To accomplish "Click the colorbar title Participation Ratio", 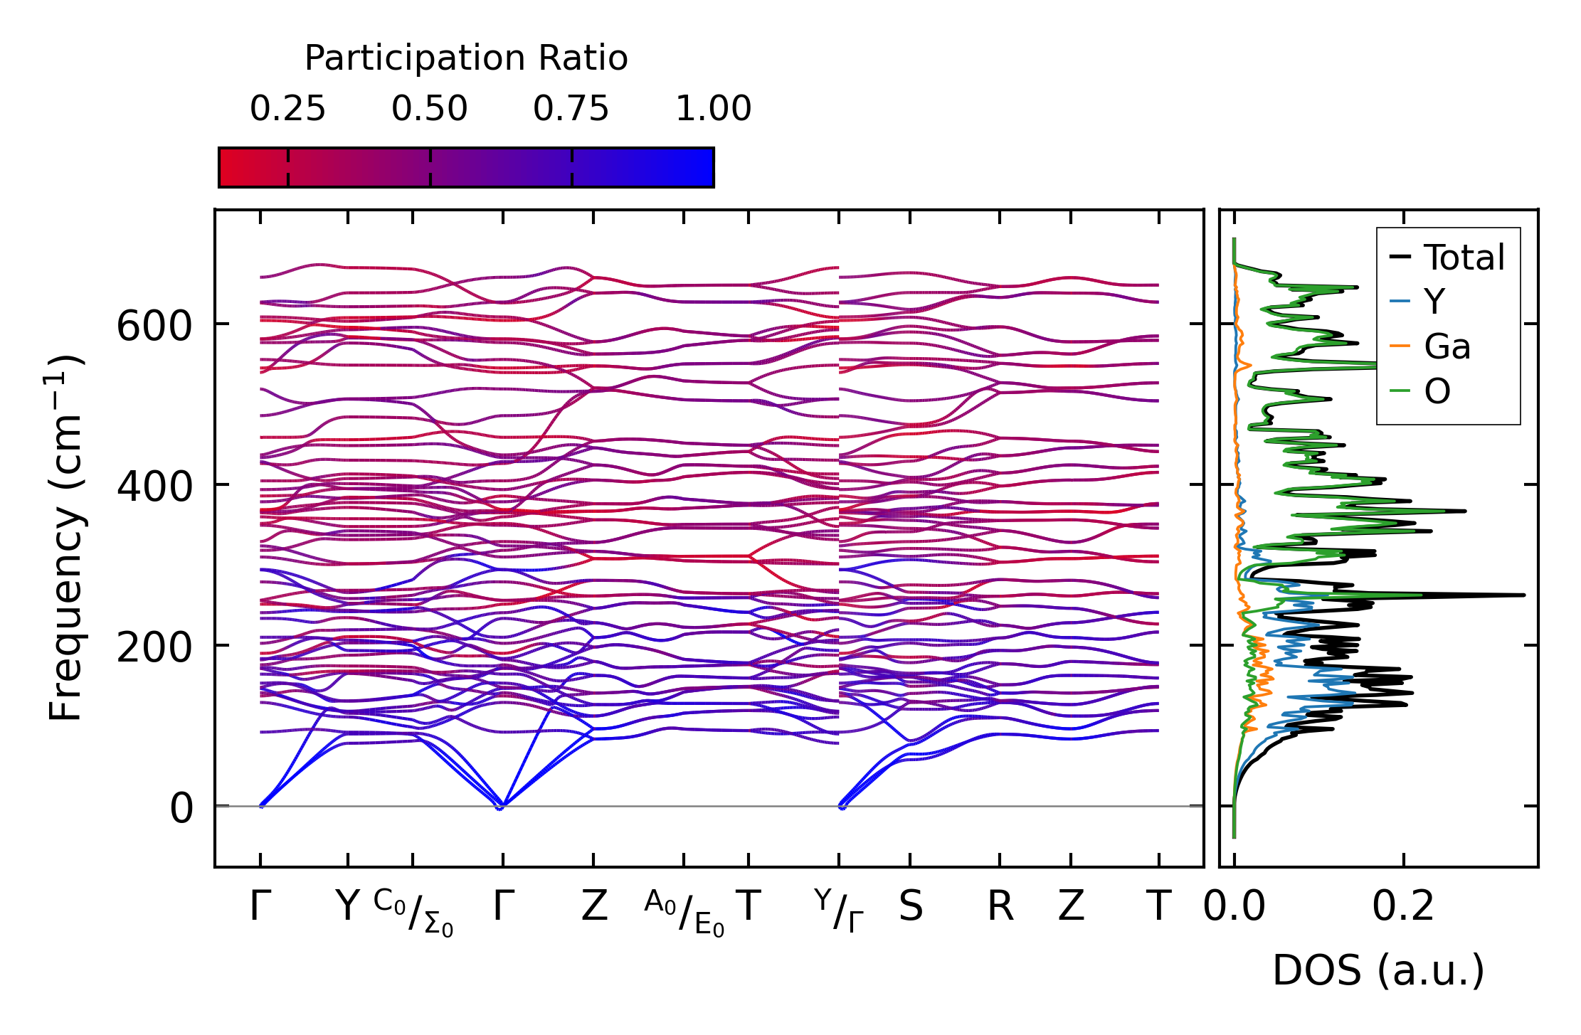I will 466,58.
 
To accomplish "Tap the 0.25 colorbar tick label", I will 287,110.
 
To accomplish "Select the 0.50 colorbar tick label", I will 429,110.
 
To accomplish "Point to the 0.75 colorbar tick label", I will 571,110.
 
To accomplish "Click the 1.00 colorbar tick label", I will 713,110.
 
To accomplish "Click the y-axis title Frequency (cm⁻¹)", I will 66,538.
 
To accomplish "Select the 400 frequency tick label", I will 154,488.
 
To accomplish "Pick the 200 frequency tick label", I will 154,649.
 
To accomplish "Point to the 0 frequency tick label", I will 181,810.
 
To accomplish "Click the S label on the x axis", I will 911,907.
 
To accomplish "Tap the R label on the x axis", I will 1000,907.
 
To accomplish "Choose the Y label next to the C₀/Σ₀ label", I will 347,907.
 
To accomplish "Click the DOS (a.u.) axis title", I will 1378,971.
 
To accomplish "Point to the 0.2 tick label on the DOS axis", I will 1403,907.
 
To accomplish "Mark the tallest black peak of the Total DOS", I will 1523,595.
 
